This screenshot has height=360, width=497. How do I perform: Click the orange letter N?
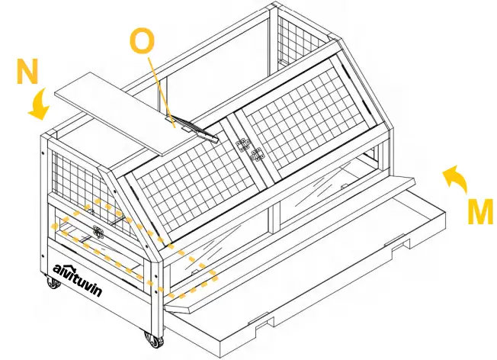(27, 73)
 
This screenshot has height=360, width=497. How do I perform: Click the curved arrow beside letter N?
(40, 104)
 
